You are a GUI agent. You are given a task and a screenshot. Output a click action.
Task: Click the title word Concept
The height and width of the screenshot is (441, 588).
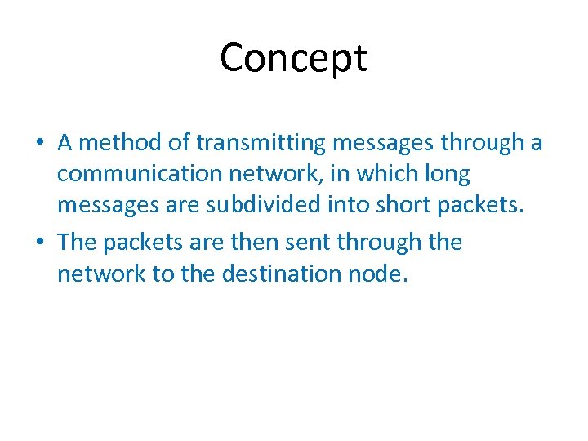293,58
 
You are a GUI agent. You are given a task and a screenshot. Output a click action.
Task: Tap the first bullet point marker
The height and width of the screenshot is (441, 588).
39,144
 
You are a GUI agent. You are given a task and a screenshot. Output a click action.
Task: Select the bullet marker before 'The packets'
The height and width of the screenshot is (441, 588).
39,243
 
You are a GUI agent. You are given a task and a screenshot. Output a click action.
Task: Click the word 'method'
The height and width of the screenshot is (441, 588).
121,143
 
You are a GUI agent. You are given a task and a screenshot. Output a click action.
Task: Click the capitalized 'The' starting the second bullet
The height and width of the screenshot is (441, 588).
77,243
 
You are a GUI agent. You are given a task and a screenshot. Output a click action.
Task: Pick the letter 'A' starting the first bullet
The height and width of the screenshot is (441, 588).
66,143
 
